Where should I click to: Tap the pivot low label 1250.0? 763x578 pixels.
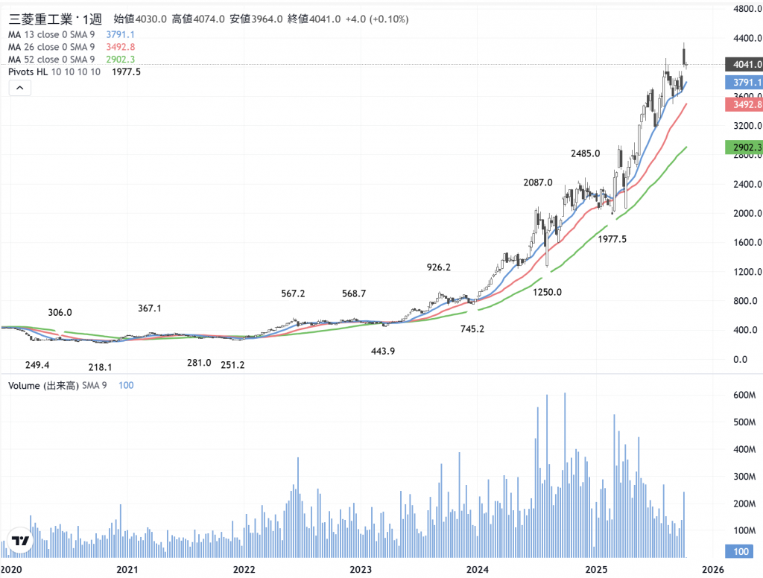(x=547, y=292)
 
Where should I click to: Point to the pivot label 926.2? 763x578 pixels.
(x=438, y=267)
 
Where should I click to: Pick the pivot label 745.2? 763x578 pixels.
(x=472, y=328)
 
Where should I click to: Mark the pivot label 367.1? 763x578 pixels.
(x=150, y=308)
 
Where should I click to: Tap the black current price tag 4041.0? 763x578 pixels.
(x=744, y=65)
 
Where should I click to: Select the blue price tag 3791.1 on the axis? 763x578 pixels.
(x=744, y=83)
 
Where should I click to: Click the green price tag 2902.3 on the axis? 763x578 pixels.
(x=744, y=148)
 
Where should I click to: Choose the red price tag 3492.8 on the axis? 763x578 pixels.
(x=744, y=105)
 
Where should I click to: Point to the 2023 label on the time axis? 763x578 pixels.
(x=361, y=570)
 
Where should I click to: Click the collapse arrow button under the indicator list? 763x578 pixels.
(x=20, y=88)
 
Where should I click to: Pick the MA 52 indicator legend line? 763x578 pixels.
(x=51, y=60)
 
